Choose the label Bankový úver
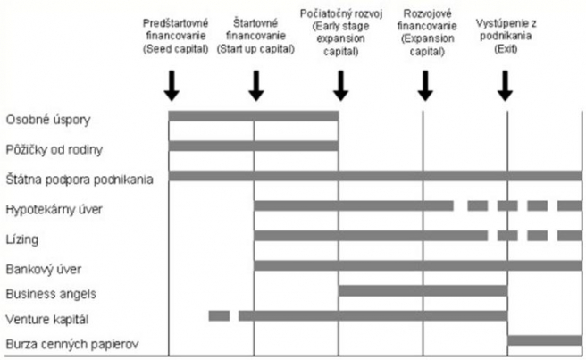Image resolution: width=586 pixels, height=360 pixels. pos(40,268)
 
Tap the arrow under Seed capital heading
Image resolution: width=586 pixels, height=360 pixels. pos(172,86)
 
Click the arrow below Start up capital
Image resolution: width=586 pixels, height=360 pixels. pos(255,86)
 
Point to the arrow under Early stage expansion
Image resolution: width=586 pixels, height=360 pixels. pos(339,86)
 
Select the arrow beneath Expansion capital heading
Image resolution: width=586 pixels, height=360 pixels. pos(424,86)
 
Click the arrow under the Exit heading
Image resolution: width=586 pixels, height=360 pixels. pos(506,86)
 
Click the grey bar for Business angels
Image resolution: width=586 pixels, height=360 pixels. pos(423,290)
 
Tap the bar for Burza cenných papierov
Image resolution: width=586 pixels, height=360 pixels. pos(544,341)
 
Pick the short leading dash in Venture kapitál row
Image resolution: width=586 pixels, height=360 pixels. pos(219,315)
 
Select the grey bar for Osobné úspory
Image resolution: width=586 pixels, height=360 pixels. pos(254,116)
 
